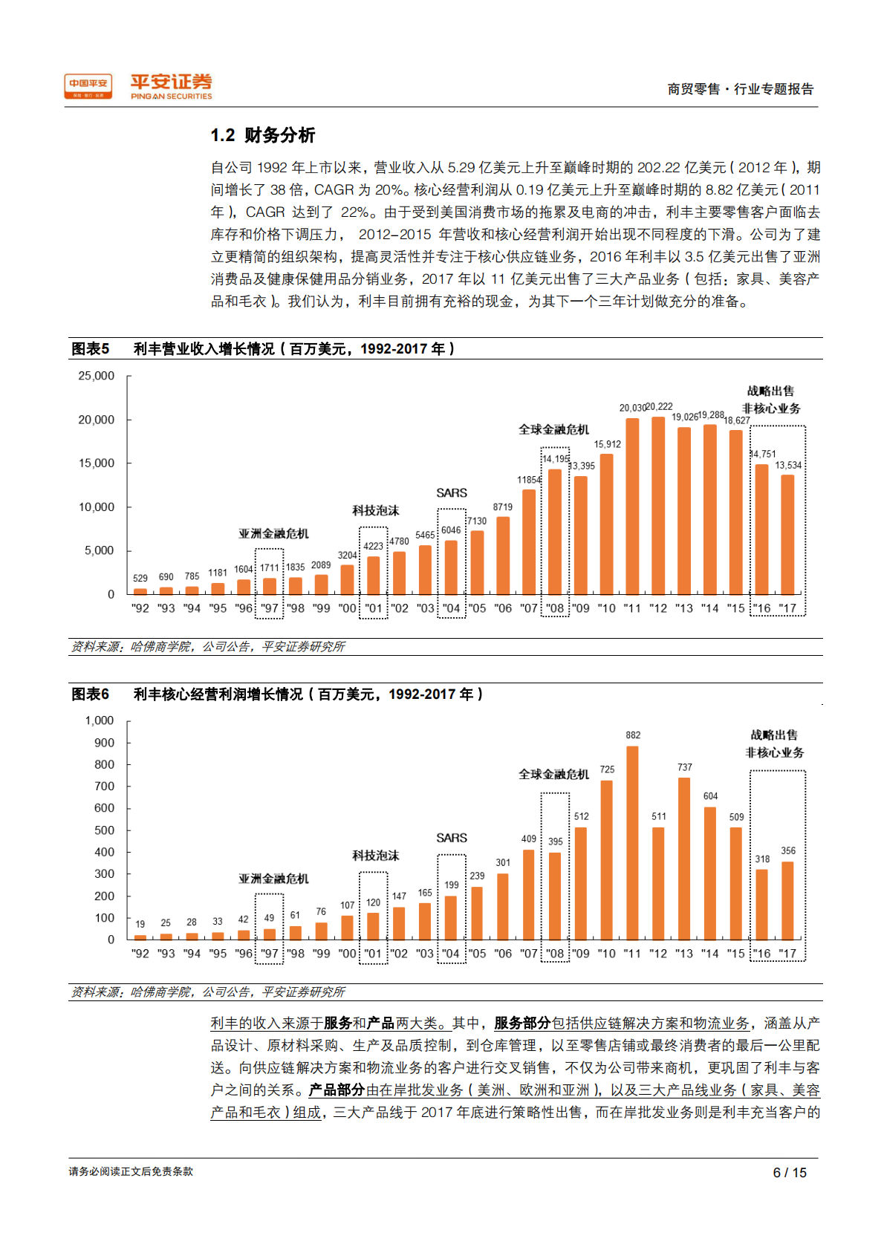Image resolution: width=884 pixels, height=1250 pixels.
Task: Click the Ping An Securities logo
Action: click(x=171, y=86)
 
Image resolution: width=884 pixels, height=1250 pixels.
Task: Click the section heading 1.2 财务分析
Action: click(x=263, y=135)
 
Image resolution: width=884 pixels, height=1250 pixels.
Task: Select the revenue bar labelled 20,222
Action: click(x=658, y=505)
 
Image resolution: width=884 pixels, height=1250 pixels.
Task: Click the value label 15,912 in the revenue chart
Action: click(x=607, y=444)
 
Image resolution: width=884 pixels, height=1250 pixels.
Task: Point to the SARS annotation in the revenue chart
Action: click(x=452, y=493)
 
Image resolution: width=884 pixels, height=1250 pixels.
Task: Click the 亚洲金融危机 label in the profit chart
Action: click(x=273, y=879)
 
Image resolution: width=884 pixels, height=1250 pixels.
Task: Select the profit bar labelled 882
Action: click(x=633, y=843)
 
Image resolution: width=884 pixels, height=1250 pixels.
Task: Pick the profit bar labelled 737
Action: click(x=684, y=859)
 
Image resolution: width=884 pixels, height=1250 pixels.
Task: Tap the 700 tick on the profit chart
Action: click(x=104, y=786)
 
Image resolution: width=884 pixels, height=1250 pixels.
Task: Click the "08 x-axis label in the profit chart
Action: click(x=554, y=954)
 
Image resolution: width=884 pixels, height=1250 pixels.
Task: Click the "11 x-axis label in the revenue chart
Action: click(x=632, y=608)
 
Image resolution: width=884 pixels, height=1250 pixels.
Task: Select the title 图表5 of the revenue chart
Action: click(x=91, y=349)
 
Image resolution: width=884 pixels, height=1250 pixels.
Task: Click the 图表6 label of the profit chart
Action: click(x=91, y=694)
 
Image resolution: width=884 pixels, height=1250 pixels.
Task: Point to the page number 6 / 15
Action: click(x=790, y=1173)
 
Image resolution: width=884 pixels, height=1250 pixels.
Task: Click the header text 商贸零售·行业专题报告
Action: click(x=740, y=89)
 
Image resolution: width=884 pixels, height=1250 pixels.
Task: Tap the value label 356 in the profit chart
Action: click(x=788, y=851)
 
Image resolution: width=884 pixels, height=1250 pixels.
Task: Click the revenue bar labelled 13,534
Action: click(x=787, y=535)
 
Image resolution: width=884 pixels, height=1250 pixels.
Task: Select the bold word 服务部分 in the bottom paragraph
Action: click(x=522, y=1023)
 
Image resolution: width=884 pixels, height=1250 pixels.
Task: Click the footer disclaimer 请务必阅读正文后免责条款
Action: click(x=131, y=1171)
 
